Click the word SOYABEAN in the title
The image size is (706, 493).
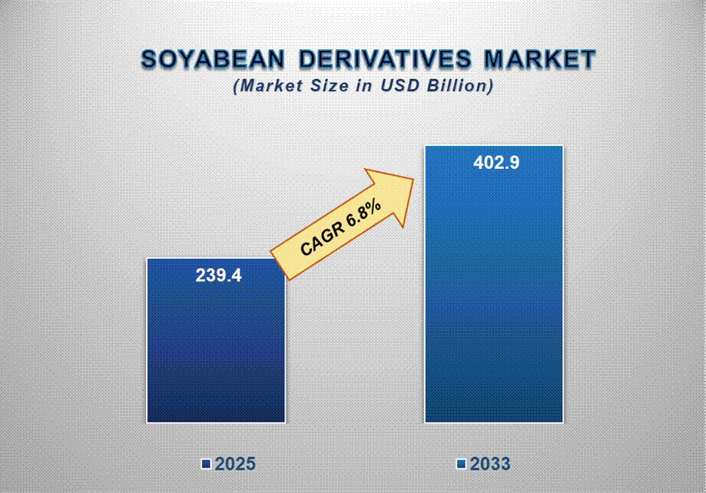coord(213,59)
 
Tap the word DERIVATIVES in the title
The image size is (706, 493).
coord(385,59)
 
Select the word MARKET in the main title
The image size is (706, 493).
coord(540,59)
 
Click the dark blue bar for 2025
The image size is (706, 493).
coord(216,340)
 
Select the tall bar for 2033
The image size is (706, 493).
coord(493,284)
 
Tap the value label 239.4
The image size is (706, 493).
coord(218,276)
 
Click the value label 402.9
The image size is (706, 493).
coord(496,163)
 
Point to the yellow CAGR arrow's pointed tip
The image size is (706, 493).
coord(413,179)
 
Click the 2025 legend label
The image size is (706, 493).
coord(235,464)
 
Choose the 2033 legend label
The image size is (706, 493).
coord(490,464)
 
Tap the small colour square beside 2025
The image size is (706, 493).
coord(206,464)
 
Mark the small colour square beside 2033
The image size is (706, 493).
coord(461,464)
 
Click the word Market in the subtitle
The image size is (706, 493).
coord(268,85)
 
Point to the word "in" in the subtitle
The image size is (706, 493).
coord(365,85)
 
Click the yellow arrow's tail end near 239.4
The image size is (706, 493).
coord(280,265)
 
